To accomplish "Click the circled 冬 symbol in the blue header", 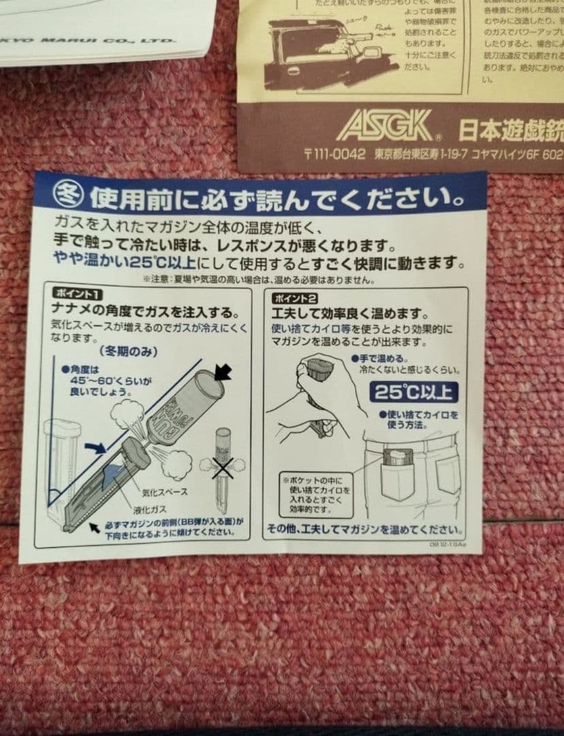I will click(x=69, y=197).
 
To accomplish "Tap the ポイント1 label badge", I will click(x=78, y=294).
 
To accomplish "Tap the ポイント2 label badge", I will click(x=294, y=298).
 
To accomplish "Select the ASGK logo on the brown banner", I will click(x=385, y=127).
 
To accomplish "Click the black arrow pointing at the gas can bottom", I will click(x=222, y=372).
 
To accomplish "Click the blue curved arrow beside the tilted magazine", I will click(x=96, y=447).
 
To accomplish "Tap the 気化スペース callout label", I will click(x=165, y=491).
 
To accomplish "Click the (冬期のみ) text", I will click(x=129, y=352).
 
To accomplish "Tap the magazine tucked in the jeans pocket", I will click(x=395, y=457).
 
